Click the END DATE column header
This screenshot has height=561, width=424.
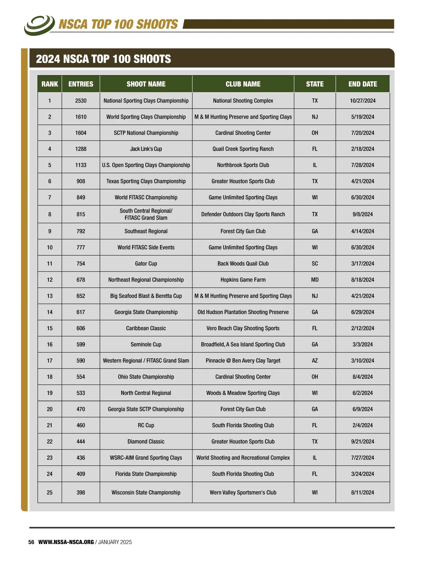tap(363, 84)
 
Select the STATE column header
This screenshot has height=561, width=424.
tap(314, 84)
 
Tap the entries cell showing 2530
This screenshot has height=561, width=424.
tap(81, 101)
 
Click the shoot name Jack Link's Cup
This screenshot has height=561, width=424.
tap(146, 149)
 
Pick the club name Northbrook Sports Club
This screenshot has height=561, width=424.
tap(243, 165)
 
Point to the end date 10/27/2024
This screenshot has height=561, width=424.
tap(363, 101)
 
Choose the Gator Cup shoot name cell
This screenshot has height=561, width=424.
tap(146, 264)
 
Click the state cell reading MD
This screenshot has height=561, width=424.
tap(314, 280)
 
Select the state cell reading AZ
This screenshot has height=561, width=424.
tap(314, 361)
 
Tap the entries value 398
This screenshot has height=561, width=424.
tap(81, 492)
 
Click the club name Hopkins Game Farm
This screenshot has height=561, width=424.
tap(243, 280)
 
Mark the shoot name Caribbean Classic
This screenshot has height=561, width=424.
tap(146, 328)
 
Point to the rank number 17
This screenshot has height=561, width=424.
tap(49, 361)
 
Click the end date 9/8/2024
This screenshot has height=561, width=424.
tap(363, 214)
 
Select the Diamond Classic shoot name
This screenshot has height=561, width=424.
tap(146, 442)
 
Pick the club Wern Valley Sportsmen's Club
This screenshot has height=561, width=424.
tap(243, 492)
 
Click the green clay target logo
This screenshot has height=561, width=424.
tap(39, 25)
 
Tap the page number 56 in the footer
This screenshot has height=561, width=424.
tap(31, 542)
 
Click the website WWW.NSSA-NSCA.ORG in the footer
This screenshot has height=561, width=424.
tap(66, 542)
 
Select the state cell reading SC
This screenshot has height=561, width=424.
tap(314, 264)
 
